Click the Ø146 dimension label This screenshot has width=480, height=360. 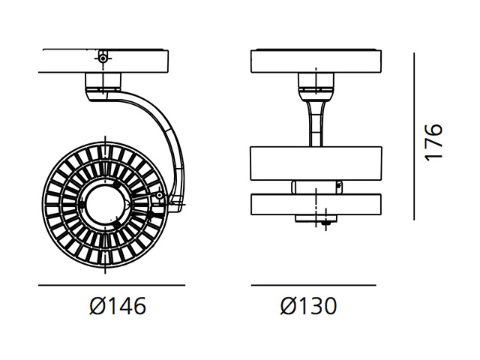118,306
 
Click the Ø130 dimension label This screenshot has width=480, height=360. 308,306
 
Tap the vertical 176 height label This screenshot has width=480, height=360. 433,142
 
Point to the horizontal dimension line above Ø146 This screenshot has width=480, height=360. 112,285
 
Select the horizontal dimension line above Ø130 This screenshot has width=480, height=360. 313,285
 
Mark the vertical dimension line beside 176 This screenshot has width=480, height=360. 414,136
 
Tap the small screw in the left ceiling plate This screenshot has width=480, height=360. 103,58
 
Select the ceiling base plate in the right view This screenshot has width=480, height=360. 316,61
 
